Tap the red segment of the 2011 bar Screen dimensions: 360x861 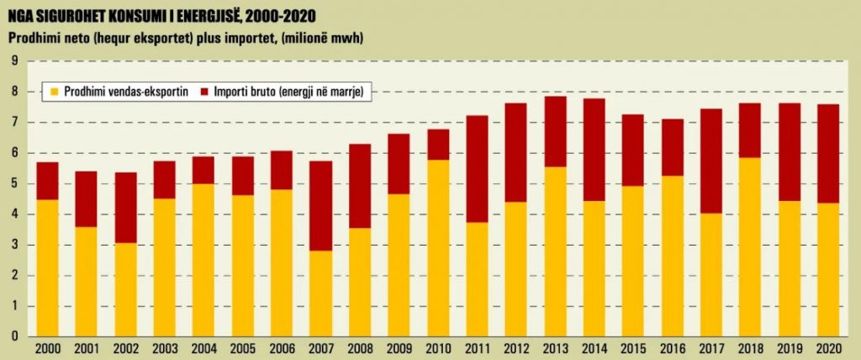(478, 168)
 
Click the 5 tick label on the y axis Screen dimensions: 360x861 (15, 184)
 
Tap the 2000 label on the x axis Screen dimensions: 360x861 (47, 348)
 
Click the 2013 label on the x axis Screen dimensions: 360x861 (555, 348)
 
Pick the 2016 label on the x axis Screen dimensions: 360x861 (672, 348)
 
